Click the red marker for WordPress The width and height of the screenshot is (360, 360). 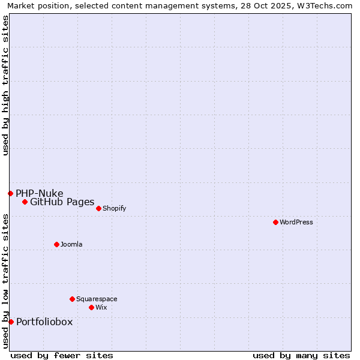(x=275, y=222)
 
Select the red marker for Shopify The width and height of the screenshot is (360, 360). (x=98, y=208)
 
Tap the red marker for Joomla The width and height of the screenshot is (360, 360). (x=56, y=244)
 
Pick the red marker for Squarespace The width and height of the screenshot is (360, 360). (x=72, y=299)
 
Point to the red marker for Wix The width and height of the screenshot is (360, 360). (x=91, y=307)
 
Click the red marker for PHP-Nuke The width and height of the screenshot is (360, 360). (x=10, y=193)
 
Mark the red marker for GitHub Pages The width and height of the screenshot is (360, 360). (x=25, y=202)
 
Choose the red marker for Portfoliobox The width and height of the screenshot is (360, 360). (x=11, y=322)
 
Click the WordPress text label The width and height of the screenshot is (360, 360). (x=296, y=222)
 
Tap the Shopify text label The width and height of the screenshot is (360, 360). (x=114, y=208)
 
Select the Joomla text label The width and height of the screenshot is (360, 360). (x=71, y=244)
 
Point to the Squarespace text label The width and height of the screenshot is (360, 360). (x=97, y=299)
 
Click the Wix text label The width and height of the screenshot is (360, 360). (x=101, y=307)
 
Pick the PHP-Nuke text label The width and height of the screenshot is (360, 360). (x=40, y=193)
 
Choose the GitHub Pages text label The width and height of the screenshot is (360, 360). (x=62, y=202)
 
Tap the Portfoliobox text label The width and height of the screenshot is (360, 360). (x=44, y=322)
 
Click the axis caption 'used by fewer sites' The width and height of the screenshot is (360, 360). (x=62, y=355)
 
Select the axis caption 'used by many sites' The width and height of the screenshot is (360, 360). (x=301, y=355)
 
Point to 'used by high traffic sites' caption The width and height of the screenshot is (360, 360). (x=5, y=85)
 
